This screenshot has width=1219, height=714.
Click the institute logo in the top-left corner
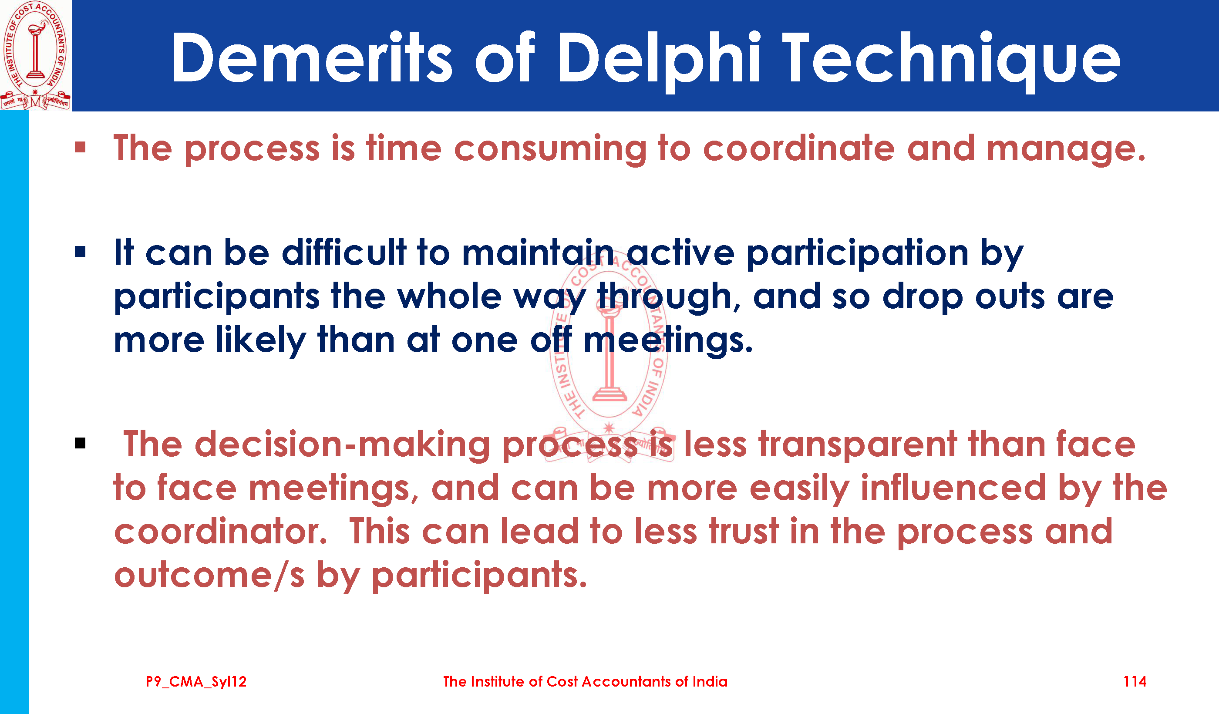(x=35, y=55)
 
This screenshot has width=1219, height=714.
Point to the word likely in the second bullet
(x=261, y=340)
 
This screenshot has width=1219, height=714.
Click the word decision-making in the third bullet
(x=343, y=445)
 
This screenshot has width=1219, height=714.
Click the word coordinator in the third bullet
(x=220, y=531)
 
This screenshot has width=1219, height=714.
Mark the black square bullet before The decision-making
(x=80, y=443)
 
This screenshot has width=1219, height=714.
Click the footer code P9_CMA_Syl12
(x=196, y=682)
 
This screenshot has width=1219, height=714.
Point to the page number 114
(x=1135, y=682)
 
